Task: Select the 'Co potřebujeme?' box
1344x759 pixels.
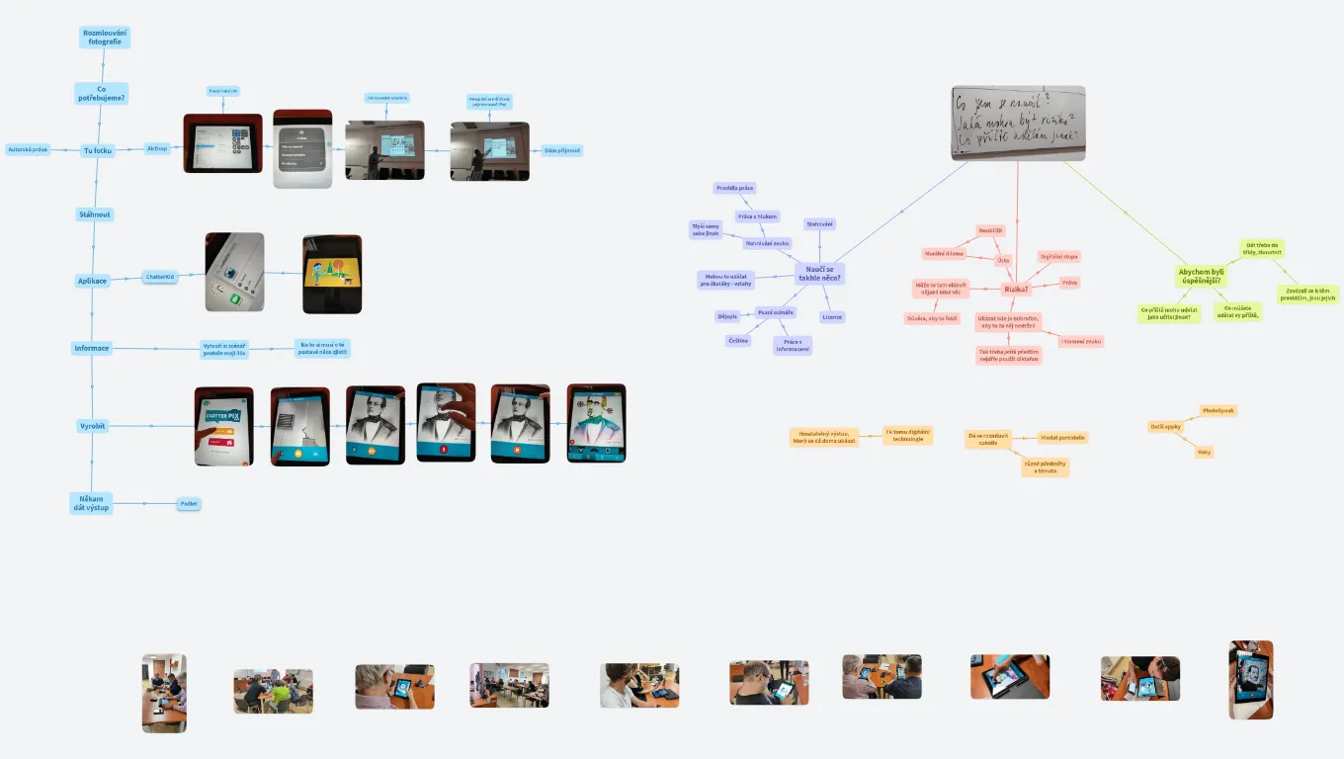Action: (x=102, y=94)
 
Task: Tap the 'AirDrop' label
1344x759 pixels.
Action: (x=156, y=148)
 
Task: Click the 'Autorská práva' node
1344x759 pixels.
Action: (x=28, y=149)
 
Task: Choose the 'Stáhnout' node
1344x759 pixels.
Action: (x=96, y=214)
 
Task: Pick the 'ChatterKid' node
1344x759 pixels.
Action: (x=160, y=277)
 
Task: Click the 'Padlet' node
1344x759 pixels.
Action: (x=188, y=504)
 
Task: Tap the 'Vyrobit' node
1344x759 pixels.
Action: (x=92, y=426)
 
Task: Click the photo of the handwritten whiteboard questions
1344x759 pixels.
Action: (x=1018, y=123)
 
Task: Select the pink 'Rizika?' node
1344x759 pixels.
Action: (x=1016, y=289)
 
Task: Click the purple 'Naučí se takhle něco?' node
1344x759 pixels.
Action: (x=820, y=274)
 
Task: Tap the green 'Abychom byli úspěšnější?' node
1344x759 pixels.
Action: (x=1201, y=276)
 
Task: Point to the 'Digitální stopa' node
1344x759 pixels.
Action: (x=1058, y=257)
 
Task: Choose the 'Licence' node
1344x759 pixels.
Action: (x=832, y=317)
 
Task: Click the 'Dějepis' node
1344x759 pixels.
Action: (x=727, y=316)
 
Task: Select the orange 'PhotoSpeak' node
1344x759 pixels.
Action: (x=1218, y=410)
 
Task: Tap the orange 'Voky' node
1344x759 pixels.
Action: (x=1204, y=452)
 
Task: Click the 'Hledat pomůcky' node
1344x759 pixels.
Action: (x=1062, y=437)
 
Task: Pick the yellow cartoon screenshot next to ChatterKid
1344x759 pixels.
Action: (x=332, y=274)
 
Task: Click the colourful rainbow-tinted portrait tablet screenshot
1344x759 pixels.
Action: (x=596, y=423)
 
